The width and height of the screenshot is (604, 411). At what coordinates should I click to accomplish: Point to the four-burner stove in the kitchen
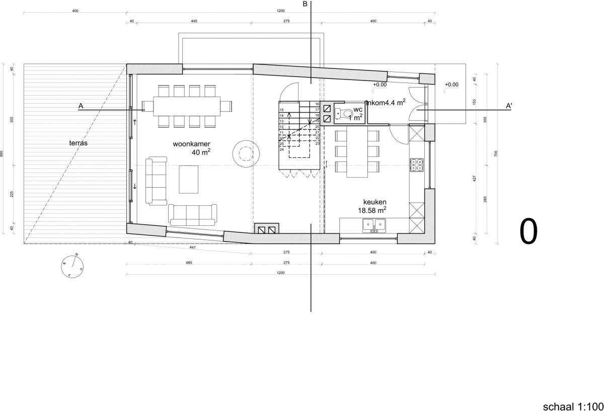418,166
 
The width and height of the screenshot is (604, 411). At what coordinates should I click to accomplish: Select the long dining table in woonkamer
187,106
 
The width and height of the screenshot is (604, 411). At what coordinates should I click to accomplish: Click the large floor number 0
528,231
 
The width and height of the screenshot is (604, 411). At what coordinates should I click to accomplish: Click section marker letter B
305,5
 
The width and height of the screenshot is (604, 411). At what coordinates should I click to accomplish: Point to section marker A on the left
81,106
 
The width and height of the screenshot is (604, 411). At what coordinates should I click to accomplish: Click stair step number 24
282,149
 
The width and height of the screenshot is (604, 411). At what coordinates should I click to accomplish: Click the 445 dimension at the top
194,22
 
